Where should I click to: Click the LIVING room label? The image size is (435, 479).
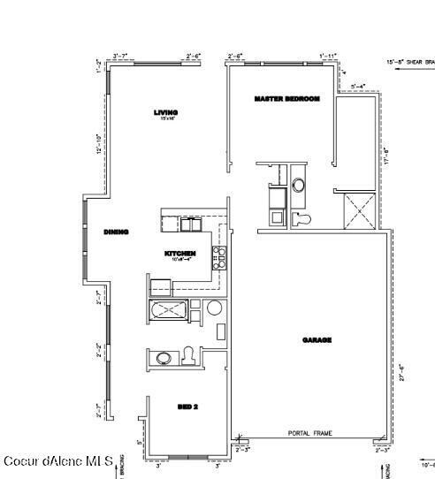[x=165, y=113]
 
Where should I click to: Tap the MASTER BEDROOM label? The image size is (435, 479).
[x=286, y=98]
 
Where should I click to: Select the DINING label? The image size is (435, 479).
[x=116, y=232]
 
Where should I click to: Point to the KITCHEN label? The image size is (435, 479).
[x=181, y=255]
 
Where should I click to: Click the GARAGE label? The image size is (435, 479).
[x=317, y=339]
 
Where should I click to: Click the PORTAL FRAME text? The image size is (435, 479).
[x=309, y=434]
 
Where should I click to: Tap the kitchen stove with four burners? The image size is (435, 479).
[x=218, y=257]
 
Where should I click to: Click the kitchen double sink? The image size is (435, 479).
[x=189, y=224]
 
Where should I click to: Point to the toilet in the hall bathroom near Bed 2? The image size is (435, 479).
[x=187, y=356]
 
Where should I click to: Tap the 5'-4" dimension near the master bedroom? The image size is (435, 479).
[x=358, y=86]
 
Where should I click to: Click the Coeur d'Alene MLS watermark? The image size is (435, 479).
[x=58, y=461]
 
